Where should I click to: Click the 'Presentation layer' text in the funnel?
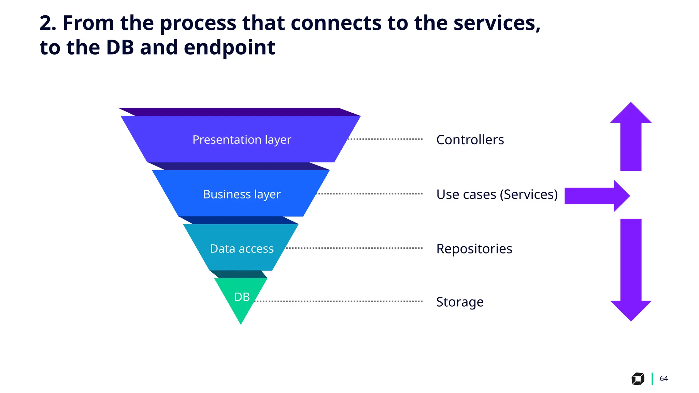242,140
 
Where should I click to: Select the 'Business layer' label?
242,194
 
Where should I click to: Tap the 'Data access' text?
242,249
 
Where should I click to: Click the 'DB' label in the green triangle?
242,297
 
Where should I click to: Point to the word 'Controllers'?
470,140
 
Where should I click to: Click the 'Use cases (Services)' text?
497,194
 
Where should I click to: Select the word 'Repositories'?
474,249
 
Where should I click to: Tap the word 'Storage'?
460,302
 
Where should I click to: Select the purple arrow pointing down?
631,270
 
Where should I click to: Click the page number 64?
664,379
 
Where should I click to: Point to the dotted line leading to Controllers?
385,139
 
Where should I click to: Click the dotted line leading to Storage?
338,301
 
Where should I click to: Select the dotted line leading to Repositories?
354,248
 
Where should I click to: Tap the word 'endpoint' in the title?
229,47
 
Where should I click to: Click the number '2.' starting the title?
48,23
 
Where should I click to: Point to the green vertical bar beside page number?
652,379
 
